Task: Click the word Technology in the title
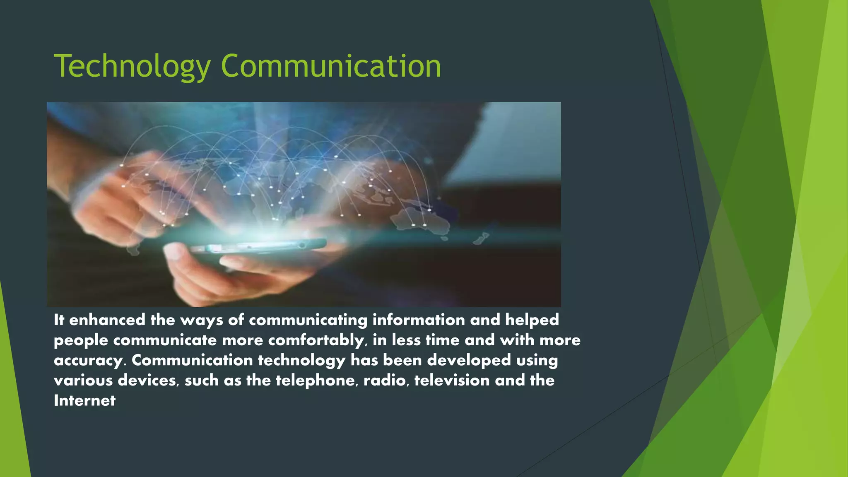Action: point(132,66)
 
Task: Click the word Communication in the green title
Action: point(331,66)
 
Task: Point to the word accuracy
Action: point(88,361)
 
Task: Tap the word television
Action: point(452,381)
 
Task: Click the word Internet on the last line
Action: point(84,400)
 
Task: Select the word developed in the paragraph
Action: point(469,360)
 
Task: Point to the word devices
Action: point(148,381)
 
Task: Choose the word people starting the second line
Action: point(81,340)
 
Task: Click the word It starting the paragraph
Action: point(59,320)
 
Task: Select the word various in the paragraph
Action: point(83,381)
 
